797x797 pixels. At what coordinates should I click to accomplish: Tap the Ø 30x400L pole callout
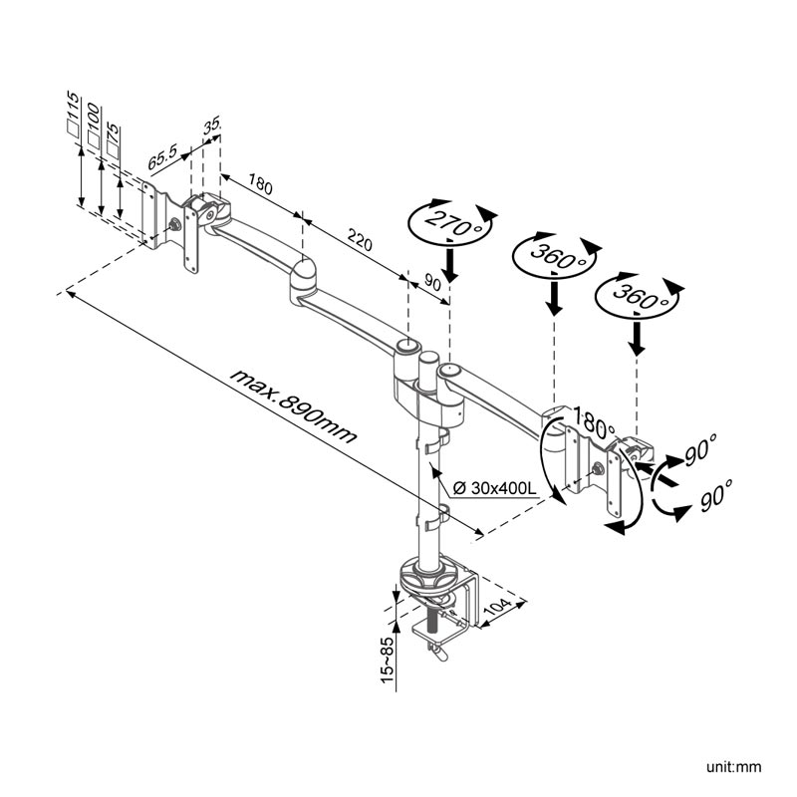(x=495, y=488)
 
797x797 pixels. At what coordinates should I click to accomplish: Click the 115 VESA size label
(x=72, y=112)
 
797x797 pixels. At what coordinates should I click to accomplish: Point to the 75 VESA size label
(x=113, y=138)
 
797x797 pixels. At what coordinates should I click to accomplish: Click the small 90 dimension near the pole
(x=432, y=283)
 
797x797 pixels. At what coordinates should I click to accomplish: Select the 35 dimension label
(x=211, y=126)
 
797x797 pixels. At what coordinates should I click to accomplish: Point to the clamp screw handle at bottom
(x=434, y=649)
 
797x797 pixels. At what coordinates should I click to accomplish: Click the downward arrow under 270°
(x=450, y=265)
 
